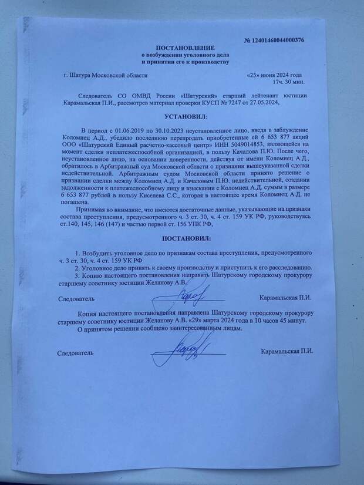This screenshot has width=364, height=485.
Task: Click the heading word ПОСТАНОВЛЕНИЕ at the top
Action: tap(185, 46)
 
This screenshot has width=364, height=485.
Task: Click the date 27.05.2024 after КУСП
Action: tap(255, 102)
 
